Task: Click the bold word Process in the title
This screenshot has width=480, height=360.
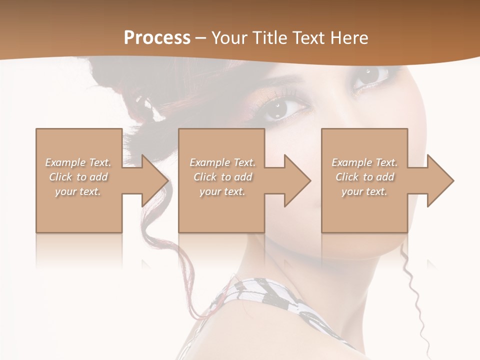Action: [x=157, y=37]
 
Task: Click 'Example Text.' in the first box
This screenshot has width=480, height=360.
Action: [x=78, y=162]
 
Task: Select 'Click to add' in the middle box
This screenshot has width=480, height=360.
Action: [x=222, y=177]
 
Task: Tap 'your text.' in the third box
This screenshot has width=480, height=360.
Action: [x=364, y=191]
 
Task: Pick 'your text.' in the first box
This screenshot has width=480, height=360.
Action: [x=78, y=191]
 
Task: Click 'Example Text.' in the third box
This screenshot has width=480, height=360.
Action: [x=364, y=162]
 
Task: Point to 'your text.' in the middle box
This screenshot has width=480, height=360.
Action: [x=222, y=191]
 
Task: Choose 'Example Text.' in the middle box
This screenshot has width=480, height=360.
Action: [x=222, y=162]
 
